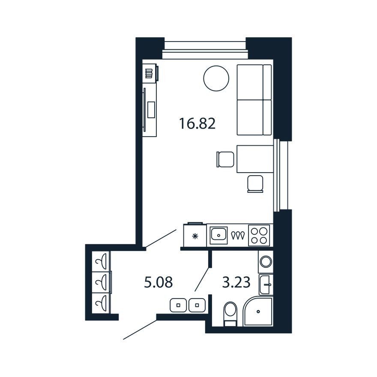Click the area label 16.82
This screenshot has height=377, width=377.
[x=197, y=124]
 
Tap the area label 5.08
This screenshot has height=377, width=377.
[x=159, y=282]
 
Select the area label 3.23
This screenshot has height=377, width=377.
[x=236, y=282]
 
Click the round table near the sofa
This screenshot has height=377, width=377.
[x=216, y=78]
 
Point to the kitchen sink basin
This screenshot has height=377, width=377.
[x=218, y=235]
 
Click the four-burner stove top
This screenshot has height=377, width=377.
[x=259, y=235]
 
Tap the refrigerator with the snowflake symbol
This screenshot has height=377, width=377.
[x=195, y=235]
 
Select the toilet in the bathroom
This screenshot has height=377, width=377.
[x=230, y=314]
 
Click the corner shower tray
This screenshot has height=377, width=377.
[x=258, y=311]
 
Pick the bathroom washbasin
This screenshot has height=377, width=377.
[x=266, y=284]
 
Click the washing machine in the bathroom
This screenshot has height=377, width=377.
[x=266, y=262]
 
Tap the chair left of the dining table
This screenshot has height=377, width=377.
[x=225, y=159]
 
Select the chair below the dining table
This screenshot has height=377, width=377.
[x=255, y=184]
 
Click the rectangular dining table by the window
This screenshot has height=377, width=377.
[x=255, y=159]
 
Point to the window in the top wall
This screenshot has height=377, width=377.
[x=205, y=50]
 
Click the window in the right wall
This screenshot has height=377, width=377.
[x=281, y=175]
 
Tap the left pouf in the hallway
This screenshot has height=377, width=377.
[x=178, y=305]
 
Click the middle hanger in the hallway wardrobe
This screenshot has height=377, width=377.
[x=101, y=282]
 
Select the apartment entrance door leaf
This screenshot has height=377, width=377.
[x=140, y=329]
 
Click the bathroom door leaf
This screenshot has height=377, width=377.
[x=202, y=279]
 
